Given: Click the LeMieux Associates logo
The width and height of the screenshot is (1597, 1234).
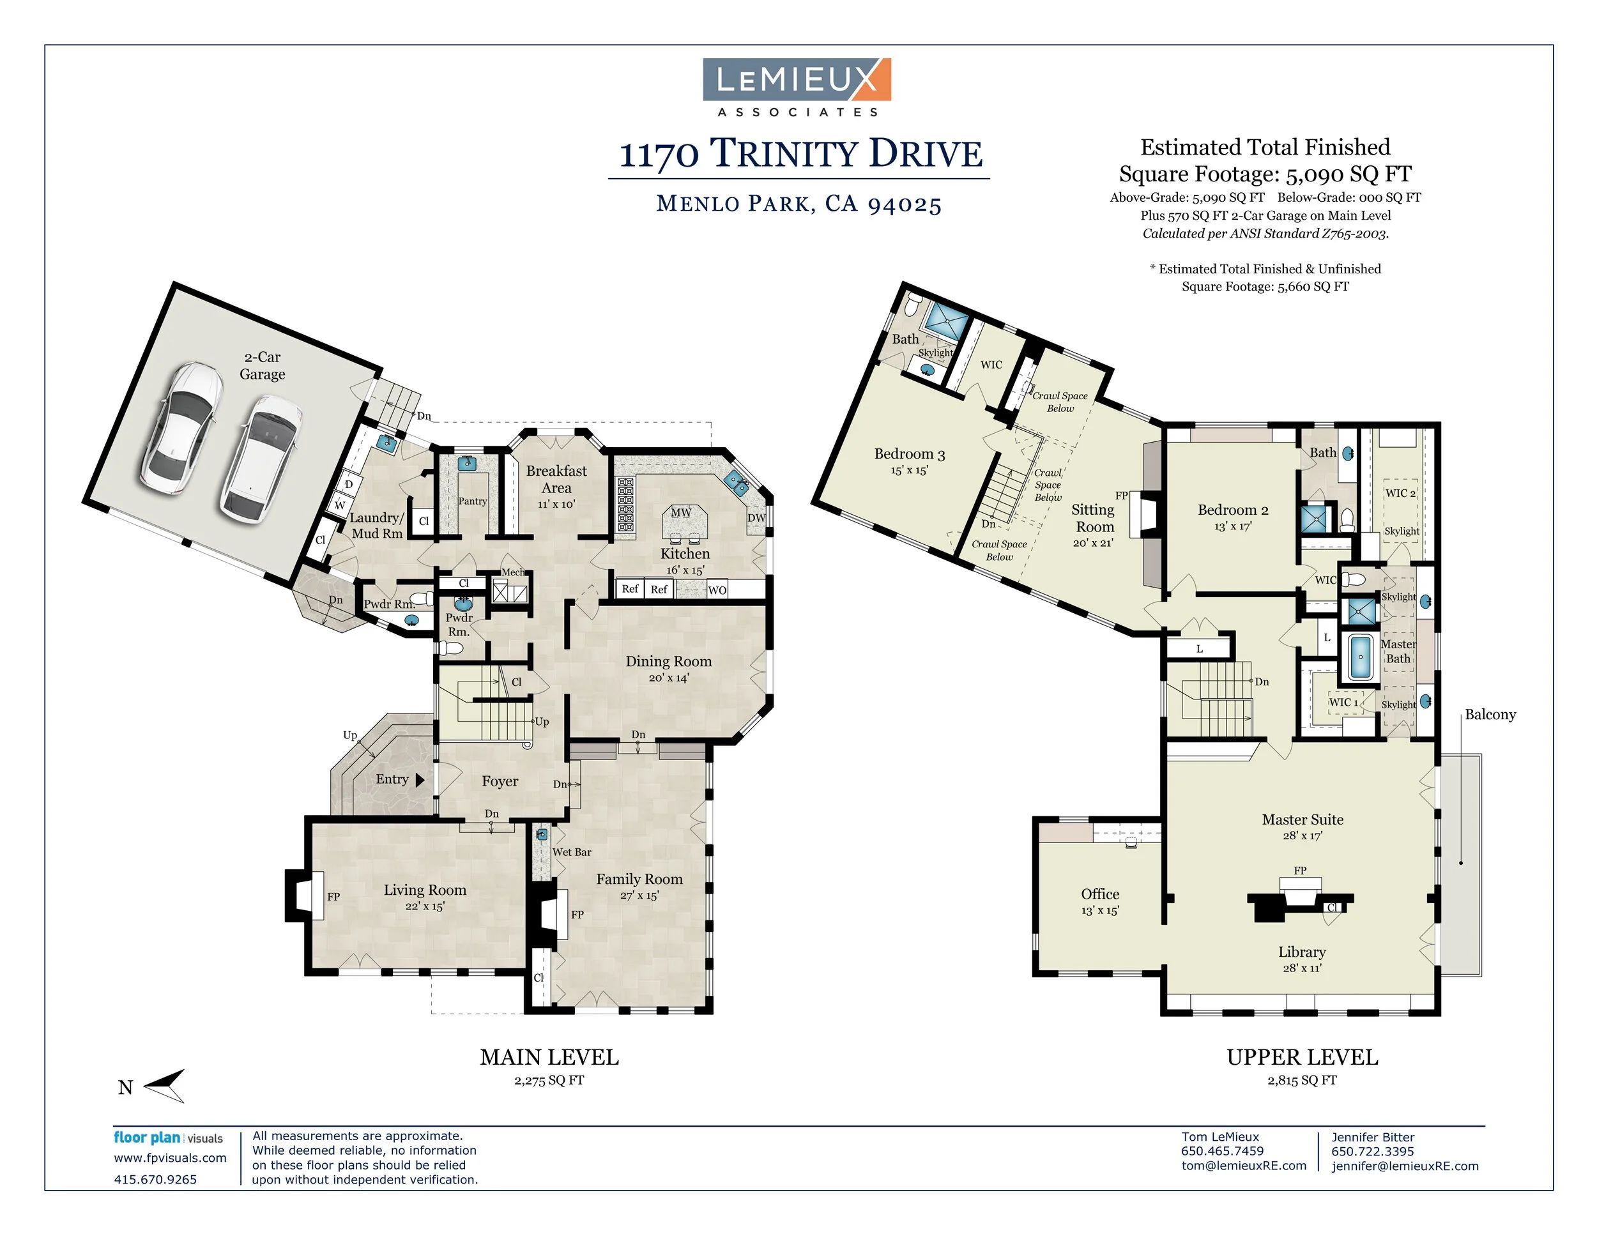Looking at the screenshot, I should click(797, 87).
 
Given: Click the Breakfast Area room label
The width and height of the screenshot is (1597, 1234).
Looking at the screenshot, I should click(556, 480).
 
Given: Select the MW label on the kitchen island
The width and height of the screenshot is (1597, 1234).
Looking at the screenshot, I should click(681, 512).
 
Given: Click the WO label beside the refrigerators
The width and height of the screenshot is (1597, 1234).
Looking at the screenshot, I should click(717, 590).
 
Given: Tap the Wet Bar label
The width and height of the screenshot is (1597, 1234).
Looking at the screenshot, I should click(572, 851).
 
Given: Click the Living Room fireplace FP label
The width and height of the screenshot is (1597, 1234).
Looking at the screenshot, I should click(333, 896).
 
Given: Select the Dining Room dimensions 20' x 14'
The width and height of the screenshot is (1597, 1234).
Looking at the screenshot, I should click(668, 678).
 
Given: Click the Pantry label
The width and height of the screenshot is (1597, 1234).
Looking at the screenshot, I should click(472, 501).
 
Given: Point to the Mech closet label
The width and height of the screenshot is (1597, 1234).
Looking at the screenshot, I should click(512, 572).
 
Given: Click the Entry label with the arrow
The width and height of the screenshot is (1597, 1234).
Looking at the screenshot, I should click(399, 779).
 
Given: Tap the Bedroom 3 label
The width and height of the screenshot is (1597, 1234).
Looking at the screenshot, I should click(909, 454).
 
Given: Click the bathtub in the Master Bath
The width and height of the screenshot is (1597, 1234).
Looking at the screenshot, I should click(1360, 657).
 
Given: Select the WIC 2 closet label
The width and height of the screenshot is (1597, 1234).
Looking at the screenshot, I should click(1400, 492).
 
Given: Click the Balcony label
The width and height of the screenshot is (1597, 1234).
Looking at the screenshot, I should click(1490, 714).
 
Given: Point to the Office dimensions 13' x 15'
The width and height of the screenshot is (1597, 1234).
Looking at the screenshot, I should click(1100, 910).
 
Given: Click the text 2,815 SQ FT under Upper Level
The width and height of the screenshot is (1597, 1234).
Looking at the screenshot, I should click(1302, 1079).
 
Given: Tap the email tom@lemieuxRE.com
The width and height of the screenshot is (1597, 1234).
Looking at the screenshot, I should click(1243, 1165).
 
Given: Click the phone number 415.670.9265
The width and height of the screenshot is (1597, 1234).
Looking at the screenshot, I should click(155, 1179).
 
